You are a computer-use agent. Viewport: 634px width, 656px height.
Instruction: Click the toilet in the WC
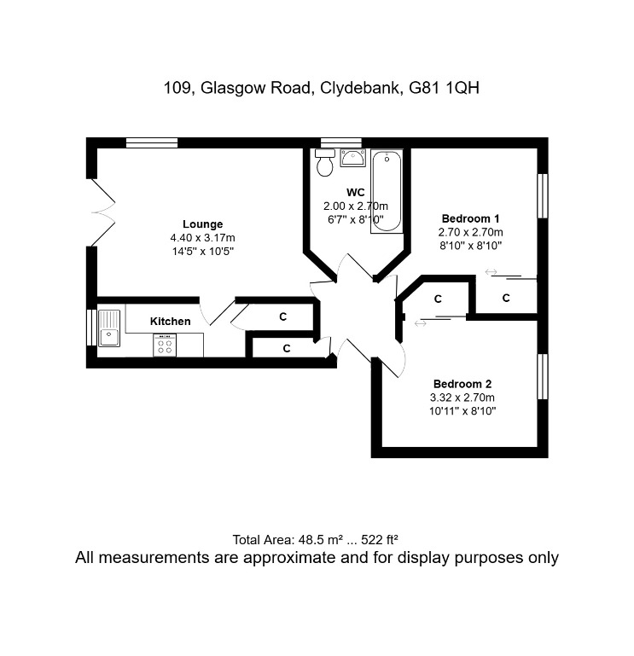[325, 163]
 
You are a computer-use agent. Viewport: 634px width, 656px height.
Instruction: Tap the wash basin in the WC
[352, 158]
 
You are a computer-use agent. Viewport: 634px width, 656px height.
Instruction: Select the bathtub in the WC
[387, 191]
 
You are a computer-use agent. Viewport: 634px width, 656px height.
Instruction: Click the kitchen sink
[109, 328]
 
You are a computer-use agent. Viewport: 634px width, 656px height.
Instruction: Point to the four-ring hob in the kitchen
[165, 345]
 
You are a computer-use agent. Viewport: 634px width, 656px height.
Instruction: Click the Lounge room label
[202, 224]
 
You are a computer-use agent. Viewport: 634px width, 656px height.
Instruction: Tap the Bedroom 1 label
[470, 218]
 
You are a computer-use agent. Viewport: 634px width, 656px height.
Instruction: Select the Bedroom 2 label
[462, 384]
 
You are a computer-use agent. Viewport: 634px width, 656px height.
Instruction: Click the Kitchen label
[171, 322]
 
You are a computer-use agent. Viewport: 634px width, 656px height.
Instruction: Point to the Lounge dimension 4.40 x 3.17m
[202, 238]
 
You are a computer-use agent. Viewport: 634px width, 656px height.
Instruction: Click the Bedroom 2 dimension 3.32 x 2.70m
[462, 397]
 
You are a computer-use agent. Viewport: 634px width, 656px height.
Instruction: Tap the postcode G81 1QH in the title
[444, 88]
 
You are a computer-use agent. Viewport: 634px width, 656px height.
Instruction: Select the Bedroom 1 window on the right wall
[543, 196]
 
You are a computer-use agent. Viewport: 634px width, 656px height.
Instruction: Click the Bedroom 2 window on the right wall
[543, 376]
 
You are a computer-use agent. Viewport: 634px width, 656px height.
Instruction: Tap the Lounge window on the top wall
[152, 143]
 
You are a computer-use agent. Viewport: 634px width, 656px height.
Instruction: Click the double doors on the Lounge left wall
[103, 212]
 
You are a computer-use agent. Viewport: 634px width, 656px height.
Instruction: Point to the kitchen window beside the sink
[91, 328]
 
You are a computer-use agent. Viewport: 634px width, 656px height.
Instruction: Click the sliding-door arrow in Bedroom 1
[491, 272]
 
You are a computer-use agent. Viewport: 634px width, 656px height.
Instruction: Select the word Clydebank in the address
[359, 88]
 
